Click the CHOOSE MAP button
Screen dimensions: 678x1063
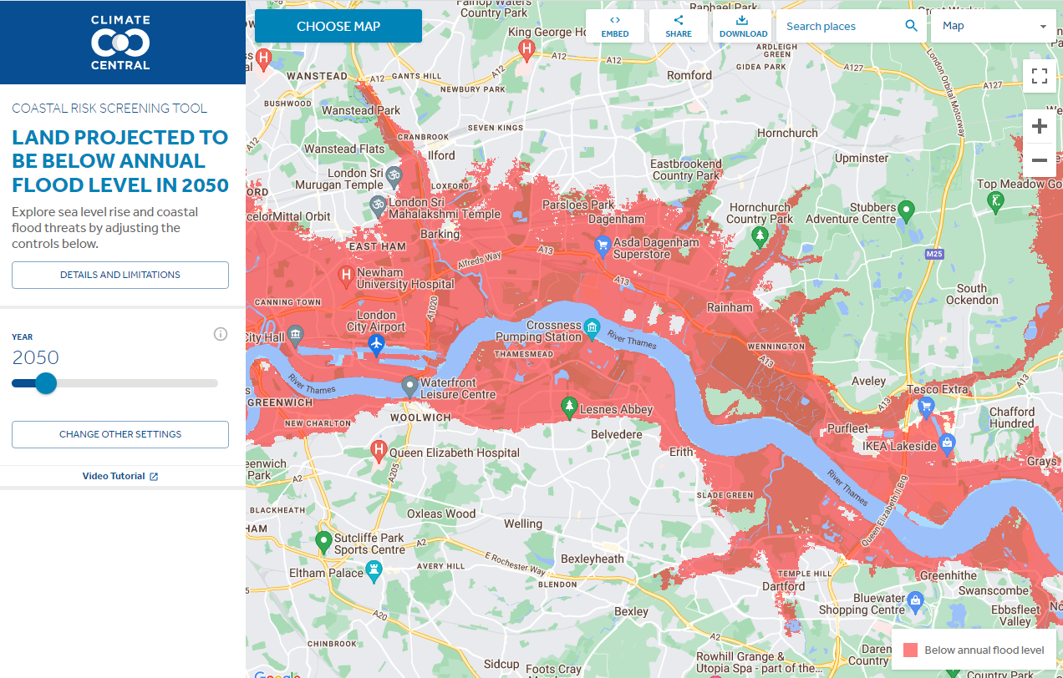(338, 26)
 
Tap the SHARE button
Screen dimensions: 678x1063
(679, 26)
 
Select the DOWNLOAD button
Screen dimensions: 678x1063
(742, 26)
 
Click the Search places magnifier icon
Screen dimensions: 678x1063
(912, 26)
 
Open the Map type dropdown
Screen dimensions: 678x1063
(994, 26)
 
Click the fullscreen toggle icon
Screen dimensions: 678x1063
(1040, 77)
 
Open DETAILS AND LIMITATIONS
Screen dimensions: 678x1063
(120, 275)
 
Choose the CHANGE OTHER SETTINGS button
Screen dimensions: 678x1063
(120, 434)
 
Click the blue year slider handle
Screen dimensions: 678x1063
(46, 383)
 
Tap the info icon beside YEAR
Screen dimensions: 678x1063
(221, 334)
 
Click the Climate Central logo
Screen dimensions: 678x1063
(120, 42)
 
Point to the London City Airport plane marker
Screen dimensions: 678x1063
(376, 343)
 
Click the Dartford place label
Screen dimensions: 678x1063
(784, 586)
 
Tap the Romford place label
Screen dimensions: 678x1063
(689, 75)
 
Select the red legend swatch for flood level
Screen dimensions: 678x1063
(911, 650)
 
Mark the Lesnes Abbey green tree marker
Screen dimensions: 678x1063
(569, 407)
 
